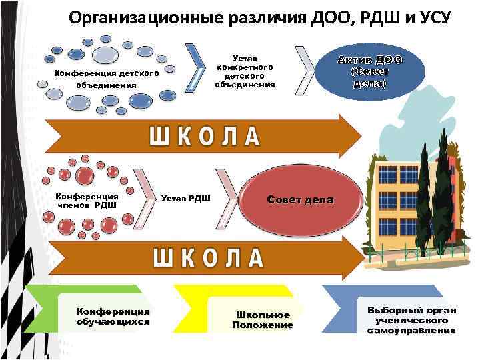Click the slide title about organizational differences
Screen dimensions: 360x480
pos(259,17)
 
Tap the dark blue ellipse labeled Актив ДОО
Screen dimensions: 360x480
pos(369,70)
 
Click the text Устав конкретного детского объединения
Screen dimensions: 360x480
pos(244,72)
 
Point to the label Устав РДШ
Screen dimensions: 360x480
pos(186,197)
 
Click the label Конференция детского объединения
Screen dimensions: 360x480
pos(106,79)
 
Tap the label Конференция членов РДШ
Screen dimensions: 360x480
pos(87,201)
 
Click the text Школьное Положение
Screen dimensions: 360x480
pos(262,319)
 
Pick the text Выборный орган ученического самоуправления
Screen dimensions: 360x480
pos(411,320)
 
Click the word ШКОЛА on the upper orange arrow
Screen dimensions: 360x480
pos(203,136)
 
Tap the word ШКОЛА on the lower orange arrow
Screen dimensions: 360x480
pos(209,257)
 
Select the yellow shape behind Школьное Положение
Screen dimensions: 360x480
pos(193,307)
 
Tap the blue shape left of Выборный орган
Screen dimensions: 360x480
pos(340,307)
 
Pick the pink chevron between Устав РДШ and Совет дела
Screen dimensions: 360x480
pos(230,193)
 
